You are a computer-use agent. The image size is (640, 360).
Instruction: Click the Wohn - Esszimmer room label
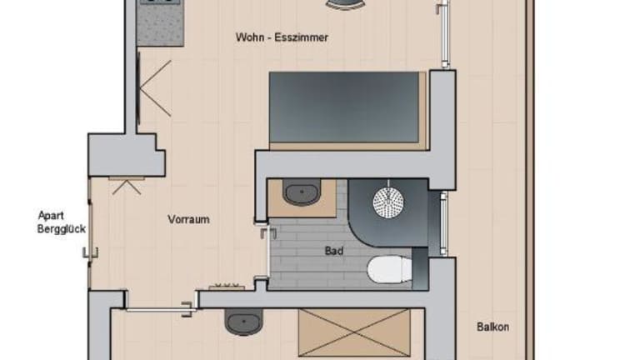pyautogui.click(x=282, y=37)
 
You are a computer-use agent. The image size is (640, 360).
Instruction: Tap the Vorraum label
pyautogui.click(x=188, y=220)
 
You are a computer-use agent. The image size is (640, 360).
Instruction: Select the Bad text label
pyautogui.click(x=334, y=251)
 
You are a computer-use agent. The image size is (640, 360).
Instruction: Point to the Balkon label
pyautogui.click(x=492, y=327)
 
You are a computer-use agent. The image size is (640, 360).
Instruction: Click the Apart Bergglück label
pyautogui.click(x=62, y=222)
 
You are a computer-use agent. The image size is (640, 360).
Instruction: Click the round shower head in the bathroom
pyautogui.click(x=388, y=202)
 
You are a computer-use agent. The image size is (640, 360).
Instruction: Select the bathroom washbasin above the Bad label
pyautogui.click(x=302, y=192)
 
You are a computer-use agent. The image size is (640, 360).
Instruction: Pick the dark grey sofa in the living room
pyautogui.click(x=344, y=107)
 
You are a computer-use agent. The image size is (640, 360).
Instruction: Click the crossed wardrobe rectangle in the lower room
pyautogui.click(x=354, y=332)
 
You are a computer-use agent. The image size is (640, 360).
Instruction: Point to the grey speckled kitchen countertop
pyautogui.click(x=160, y=22)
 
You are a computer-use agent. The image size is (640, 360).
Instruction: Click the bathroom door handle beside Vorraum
pyautogui.click(x=268, y=233)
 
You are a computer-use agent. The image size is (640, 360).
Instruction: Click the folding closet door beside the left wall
pyautogui.click(x=154, y=88)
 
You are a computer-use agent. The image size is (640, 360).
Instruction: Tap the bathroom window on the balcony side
pyautogui.click(x=443, y=223)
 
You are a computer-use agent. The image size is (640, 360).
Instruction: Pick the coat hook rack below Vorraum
pyautogui.click(x=227, y=286)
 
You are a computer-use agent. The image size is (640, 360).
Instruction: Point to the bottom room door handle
pyautogui.click(x=187, y=309)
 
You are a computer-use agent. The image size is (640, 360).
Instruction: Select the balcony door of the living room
pyautogui.click(x=445, y=33)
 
